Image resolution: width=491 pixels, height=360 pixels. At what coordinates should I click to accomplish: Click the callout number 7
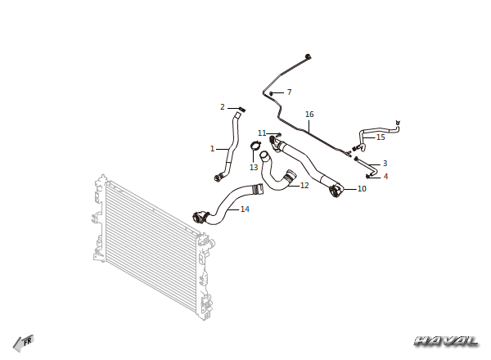289,92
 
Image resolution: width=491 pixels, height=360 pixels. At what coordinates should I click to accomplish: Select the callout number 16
309,115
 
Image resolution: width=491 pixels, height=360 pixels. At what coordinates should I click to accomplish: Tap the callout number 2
223,107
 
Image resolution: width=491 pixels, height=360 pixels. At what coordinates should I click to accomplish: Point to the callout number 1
212,149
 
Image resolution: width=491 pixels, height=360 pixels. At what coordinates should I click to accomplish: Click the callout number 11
262,133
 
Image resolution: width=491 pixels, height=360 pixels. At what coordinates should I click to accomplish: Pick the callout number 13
254,168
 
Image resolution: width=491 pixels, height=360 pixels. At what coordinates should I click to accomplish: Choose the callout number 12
304,186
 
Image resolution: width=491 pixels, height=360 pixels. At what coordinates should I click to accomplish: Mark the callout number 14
245,209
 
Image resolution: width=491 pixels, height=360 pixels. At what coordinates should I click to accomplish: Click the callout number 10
362,189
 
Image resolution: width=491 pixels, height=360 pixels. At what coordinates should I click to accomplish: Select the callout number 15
381,137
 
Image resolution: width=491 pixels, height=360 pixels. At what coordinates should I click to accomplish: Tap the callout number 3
385,164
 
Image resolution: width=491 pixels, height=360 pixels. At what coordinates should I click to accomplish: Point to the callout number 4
385,177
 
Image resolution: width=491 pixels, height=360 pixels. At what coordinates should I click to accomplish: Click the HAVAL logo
446,341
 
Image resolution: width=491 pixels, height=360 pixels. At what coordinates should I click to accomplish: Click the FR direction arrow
24,343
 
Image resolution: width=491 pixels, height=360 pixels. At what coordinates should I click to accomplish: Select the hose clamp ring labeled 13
255,145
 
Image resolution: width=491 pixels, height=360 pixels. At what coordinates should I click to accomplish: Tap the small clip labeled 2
242,110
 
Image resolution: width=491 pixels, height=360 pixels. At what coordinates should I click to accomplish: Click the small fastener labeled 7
271,93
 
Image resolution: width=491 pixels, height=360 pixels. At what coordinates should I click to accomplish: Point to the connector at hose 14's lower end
200,217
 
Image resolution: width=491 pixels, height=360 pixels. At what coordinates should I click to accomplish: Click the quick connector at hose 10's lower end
336,191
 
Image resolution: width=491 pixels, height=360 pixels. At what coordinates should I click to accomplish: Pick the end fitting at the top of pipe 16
309,56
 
